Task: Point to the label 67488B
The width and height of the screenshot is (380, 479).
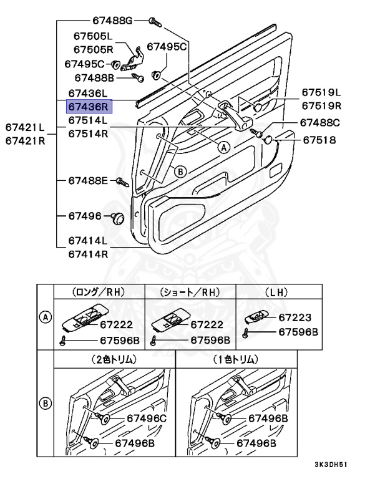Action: (94, 78)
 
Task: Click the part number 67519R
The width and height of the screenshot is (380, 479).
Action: (322, 106)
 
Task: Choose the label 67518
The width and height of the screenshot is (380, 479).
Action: (319, 140)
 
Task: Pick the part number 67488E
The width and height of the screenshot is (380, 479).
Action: (89, 181)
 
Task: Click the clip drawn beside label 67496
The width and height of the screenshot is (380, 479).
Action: (119, 218)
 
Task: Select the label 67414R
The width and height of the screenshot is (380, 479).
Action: (89, 254)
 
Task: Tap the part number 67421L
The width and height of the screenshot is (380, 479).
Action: (26, 127)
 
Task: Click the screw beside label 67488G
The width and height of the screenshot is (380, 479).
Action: (156, 22)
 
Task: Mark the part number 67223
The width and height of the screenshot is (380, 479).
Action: (295, 317)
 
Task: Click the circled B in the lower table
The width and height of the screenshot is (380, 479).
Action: (45, 402)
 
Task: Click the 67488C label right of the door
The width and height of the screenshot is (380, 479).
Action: (320, 123)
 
